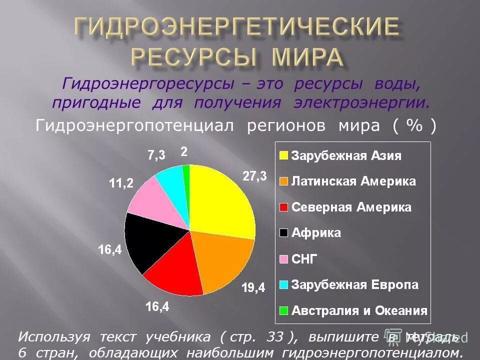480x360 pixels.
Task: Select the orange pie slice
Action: tap(220, 260)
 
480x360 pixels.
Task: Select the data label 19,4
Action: tap(253, 287)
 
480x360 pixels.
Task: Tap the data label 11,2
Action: tap(121, 183)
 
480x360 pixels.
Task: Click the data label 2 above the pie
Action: tap(183, 152)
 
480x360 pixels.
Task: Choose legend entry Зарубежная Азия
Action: tap(346, 155)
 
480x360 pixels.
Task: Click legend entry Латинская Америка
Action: tap(353, 181)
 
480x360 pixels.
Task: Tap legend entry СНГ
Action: tap(304, 259)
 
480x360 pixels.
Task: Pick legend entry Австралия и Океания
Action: tap(359, 310)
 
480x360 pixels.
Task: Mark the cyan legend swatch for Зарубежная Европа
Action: tap(283, 285)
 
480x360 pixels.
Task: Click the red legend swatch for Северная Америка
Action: tap(283, 207)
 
